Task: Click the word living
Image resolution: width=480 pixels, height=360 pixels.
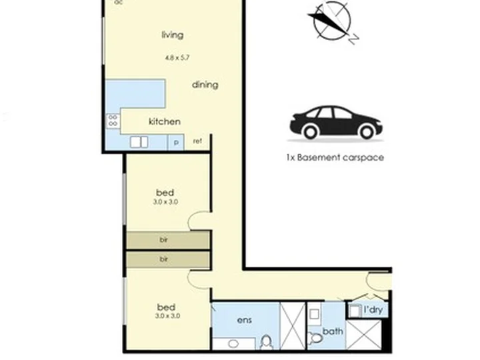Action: coord(173,35)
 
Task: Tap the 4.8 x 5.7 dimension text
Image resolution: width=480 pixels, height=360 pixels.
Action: coord(177,57)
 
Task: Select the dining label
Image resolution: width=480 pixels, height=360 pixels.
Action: coord(205,85)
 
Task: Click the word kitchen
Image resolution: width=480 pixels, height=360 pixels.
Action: coord(165,121)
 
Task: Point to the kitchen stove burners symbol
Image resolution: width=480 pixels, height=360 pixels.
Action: coord(113,120)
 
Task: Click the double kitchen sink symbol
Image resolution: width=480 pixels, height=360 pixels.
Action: coord(139,143)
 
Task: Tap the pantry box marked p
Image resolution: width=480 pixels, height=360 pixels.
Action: coord(176,143)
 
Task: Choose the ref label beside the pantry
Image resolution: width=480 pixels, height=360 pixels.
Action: coord(197,141)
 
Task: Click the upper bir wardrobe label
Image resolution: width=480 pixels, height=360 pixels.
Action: coord(164,240)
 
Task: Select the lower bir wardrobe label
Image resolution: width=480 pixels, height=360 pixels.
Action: coord(164,259)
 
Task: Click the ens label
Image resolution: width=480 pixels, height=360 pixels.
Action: coord(244,320)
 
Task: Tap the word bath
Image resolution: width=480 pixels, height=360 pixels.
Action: coord(333,331)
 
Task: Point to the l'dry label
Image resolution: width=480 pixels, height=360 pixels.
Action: coord(373,310)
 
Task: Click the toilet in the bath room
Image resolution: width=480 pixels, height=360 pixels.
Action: coord(315,338)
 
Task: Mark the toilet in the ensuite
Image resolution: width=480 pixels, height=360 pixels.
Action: coord(266,343)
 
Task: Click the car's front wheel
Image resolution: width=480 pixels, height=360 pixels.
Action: coord(367,132)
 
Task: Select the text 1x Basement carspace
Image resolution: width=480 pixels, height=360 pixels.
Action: coord(335,157)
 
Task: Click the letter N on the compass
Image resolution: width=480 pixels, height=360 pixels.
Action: coord(354,39)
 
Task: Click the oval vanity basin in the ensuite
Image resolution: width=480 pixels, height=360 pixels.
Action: coord(233,344)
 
